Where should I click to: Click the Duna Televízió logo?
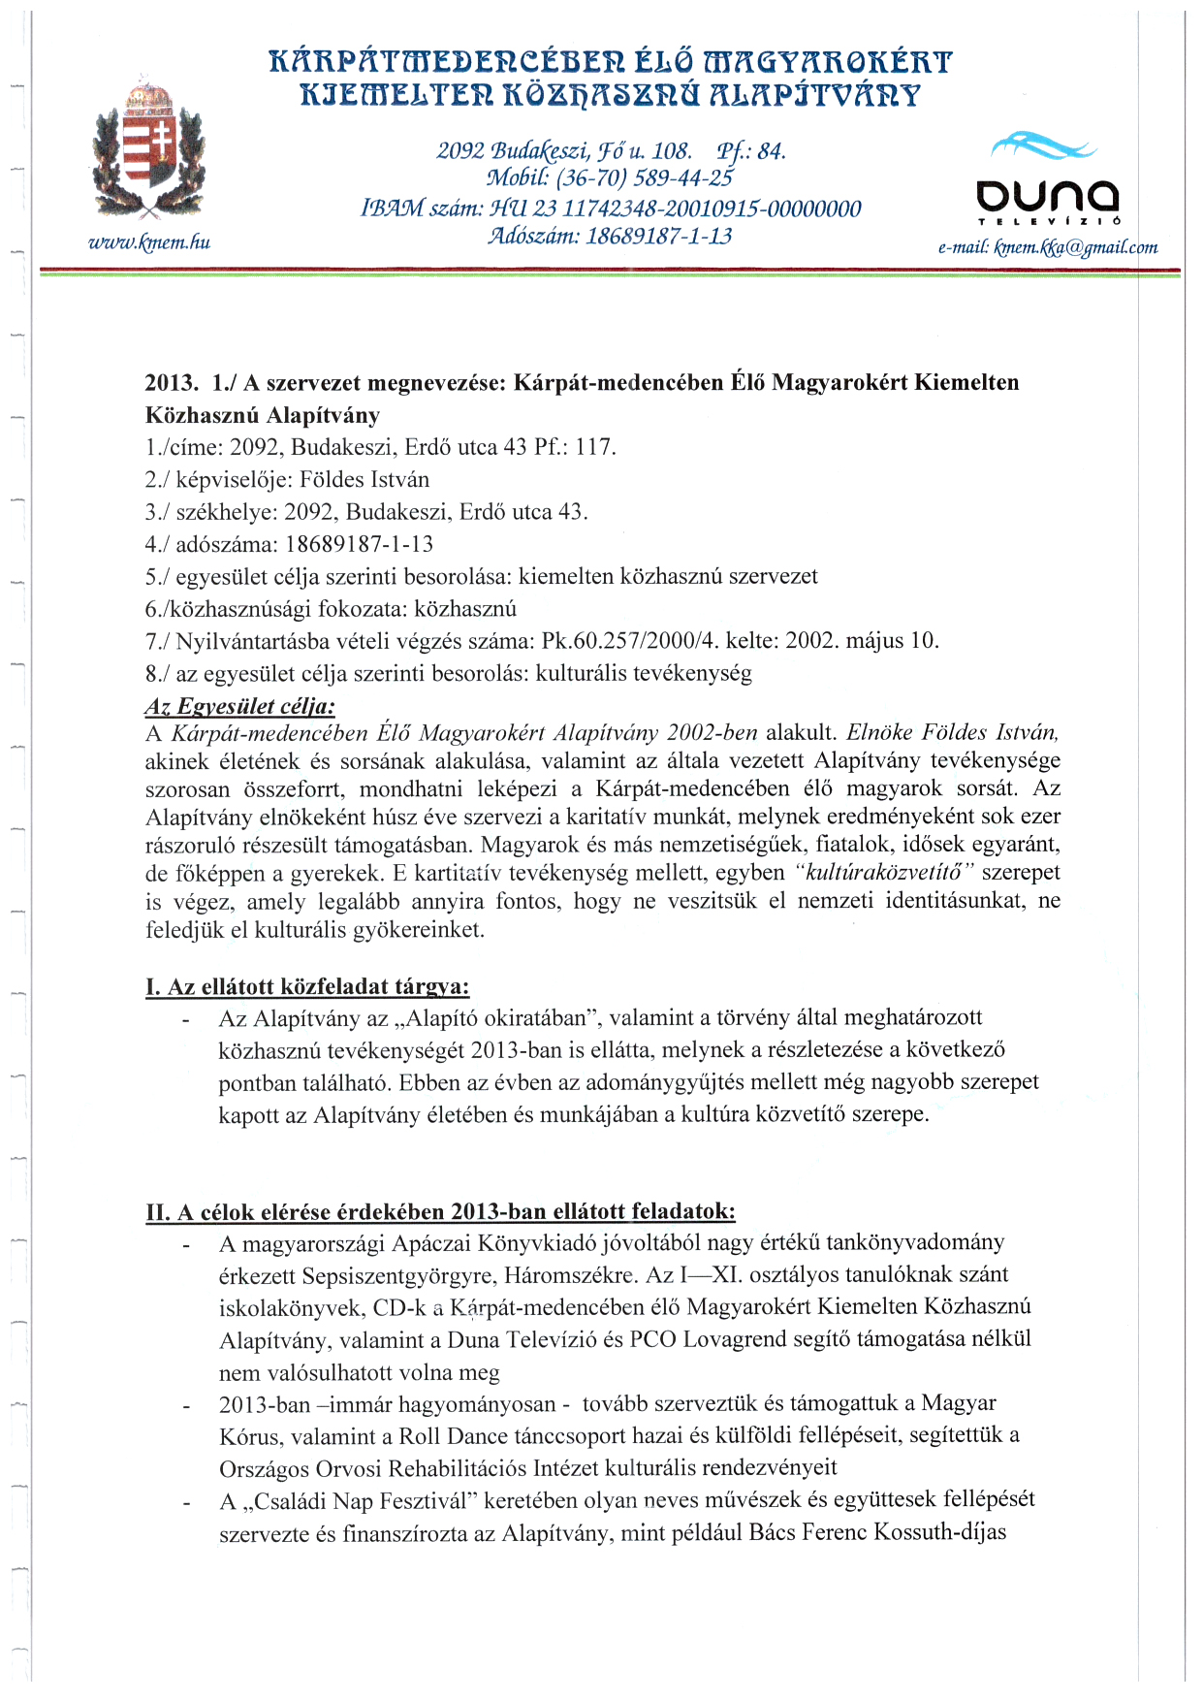coord(1047,179)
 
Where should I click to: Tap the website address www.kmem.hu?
coord(149,242)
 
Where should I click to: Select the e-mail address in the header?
coord(1048,247)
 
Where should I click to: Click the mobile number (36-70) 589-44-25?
coord(610,178)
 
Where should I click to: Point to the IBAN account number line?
coord(611,209)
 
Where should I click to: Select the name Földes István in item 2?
coord(364,480)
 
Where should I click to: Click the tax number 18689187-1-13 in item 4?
coord(360,544)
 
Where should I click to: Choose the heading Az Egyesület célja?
coord(239,706)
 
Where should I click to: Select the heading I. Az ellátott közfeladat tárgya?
coord(307,987)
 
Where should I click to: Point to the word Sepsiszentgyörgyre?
coord(388,1275)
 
